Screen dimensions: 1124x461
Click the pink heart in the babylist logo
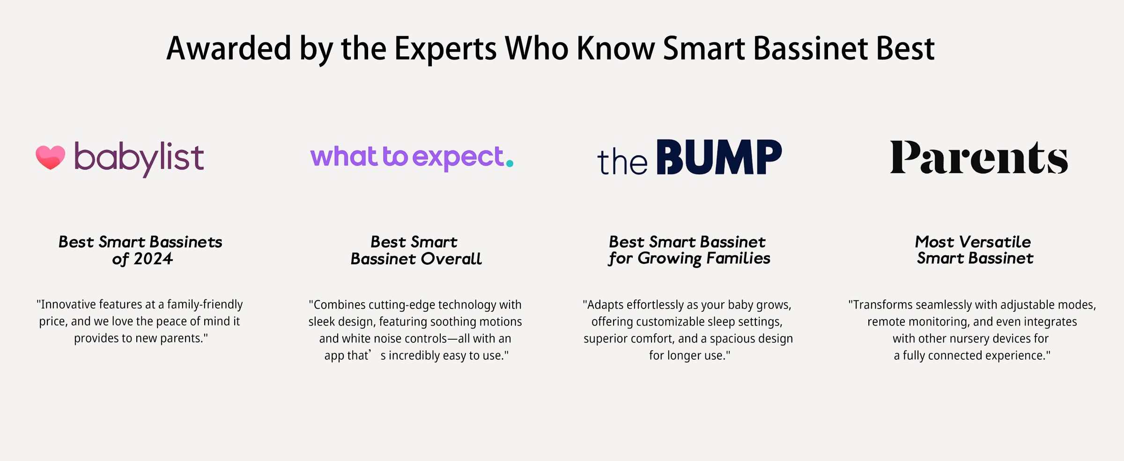51,157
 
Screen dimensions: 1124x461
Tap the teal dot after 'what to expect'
510,164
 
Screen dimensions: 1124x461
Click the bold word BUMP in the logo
719,157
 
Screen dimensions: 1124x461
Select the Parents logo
979,157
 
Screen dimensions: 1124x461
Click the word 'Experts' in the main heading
445,49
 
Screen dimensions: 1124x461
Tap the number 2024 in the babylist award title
153,259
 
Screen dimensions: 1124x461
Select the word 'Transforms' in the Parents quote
880,305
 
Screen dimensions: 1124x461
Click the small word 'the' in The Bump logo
622,162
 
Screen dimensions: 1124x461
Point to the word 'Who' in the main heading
537,48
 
